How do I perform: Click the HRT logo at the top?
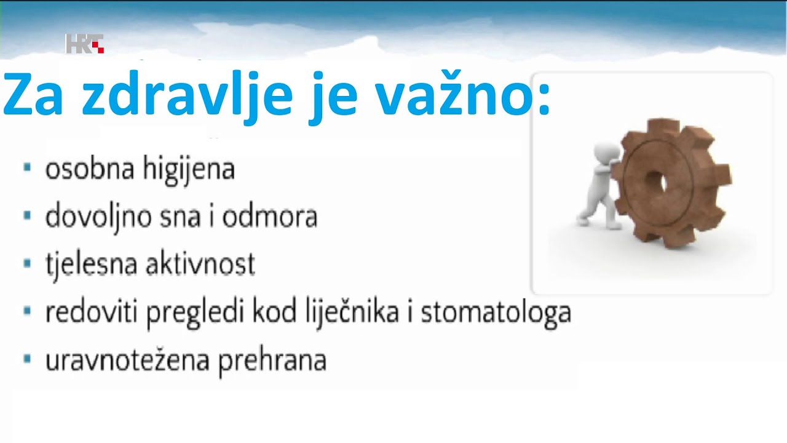pyautogui.click(x=85, y=44)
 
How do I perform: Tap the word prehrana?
pyautogui.click(x=272, y=361)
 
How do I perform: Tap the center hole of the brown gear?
pyautogui.click(x=655, y=182)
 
